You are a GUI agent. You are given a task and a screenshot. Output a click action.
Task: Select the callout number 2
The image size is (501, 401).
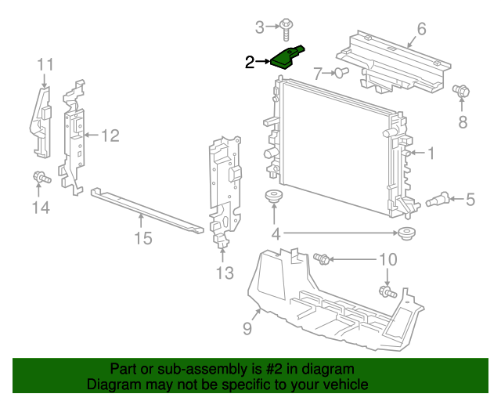[250, 63]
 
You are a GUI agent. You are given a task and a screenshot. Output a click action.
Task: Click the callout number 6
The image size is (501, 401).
[421, 30]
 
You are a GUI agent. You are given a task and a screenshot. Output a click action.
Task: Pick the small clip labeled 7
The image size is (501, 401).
[342, 73]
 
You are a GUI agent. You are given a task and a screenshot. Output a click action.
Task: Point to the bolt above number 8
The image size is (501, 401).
[461, 92]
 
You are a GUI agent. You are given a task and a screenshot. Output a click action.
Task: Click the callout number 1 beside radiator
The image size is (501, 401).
[430, 154]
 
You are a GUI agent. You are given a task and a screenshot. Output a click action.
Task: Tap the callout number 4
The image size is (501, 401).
[276, 233]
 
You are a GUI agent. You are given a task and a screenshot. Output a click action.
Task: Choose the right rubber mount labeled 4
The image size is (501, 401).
[405, 233]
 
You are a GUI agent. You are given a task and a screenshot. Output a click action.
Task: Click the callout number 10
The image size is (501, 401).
[388, 259]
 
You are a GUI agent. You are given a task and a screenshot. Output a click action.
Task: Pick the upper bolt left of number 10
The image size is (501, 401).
[322, 258]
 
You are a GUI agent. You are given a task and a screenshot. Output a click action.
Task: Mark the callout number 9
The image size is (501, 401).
[247, 329]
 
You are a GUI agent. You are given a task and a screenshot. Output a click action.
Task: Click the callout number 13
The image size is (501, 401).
[225, 273]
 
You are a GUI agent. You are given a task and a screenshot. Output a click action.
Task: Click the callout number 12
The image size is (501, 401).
[110, 135]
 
